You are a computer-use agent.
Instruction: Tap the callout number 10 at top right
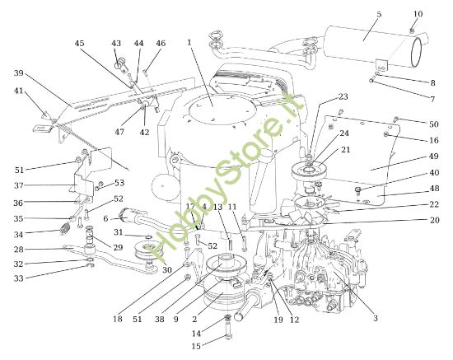tap(418, 14)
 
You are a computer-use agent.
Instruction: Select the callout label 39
tap(18, 73)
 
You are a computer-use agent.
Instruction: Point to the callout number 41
tap(18, 91)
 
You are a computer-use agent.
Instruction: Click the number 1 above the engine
tap(189, 42)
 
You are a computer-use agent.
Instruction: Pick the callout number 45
tap(79, 44)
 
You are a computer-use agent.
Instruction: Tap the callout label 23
tap(343, 96)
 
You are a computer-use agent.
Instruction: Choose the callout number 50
tap(434, 124)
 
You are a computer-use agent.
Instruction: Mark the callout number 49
tap(434, 156)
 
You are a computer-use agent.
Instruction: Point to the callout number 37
tap(18, 185)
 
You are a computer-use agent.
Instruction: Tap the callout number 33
tap(18, 278)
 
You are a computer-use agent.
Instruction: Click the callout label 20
tap(434, 220)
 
